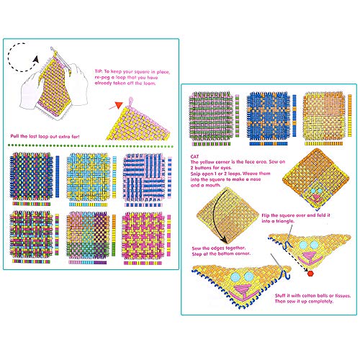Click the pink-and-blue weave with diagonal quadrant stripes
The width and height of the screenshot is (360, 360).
[x=138, y=176]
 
